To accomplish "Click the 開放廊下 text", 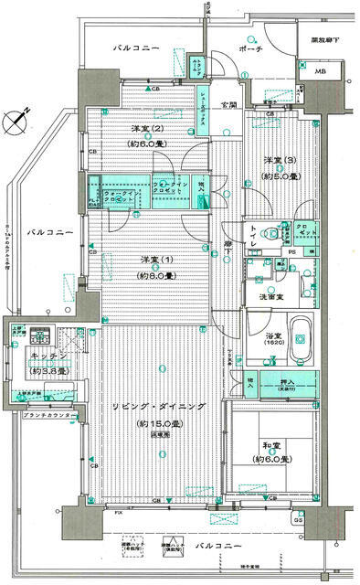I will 323,40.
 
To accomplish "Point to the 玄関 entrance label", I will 228,106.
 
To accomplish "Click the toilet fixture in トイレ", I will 270,236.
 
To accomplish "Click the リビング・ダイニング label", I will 154,405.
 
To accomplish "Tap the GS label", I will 324,518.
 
